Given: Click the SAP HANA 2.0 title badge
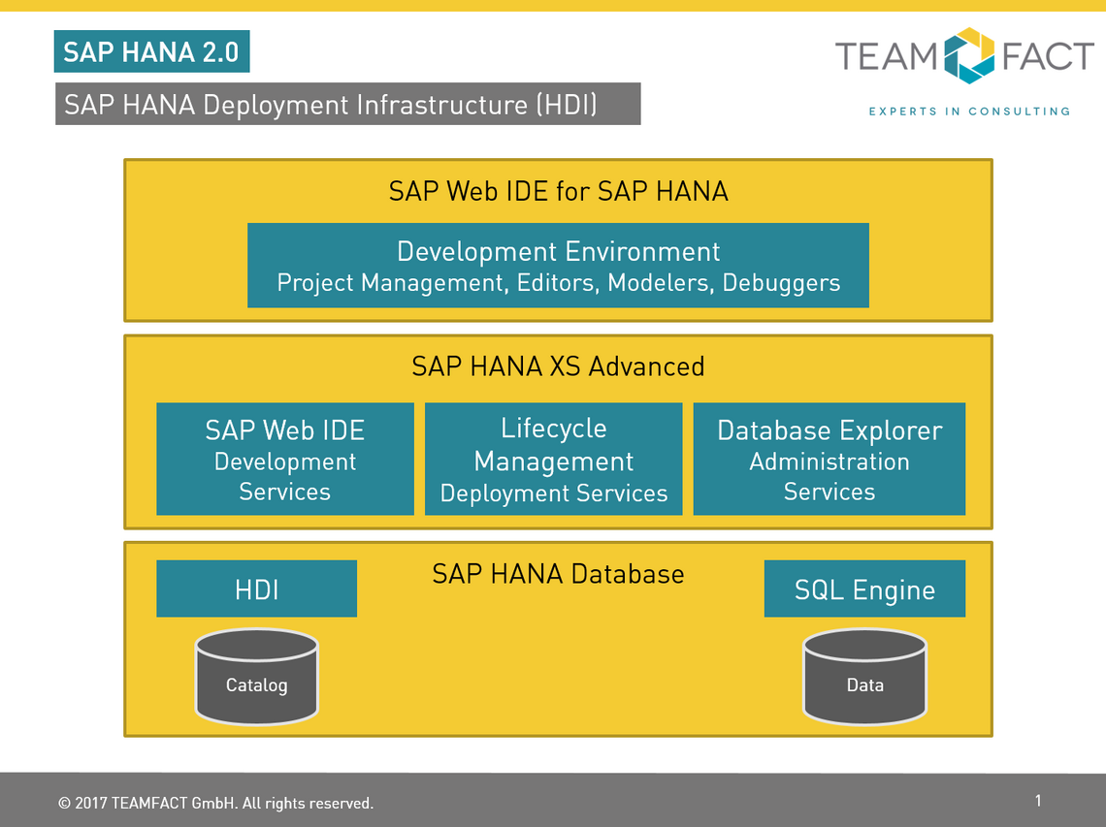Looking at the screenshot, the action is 151,51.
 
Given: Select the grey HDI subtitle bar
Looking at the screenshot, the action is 347,104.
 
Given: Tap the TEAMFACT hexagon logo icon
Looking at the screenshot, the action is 969,55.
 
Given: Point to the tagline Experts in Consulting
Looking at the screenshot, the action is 970,111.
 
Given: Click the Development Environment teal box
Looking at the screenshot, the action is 558,265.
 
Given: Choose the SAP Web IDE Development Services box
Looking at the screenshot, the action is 285,459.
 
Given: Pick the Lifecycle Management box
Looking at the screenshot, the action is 554,459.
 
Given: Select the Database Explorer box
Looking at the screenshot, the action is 829,459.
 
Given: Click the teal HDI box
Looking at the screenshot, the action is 257,588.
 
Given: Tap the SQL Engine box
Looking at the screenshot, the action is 864,588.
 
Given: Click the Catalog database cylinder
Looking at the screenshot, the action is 257,677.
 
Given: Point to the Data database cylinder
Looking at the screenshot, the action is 864,677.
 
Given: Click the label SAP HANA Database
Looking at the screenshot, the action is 558,574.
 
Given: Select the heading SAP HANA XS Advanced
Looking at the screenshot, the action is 558,366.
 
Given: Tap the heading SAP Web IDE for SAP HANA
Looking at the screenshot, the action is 558,191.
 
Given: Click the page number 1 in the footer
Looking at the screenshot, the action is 1038,800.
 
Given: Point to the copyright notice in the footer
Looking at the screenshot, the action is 215,803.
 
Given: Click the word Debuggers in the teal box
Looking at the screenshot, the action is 782,283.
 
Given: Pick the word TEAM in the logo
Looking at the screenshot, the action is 887,56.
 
